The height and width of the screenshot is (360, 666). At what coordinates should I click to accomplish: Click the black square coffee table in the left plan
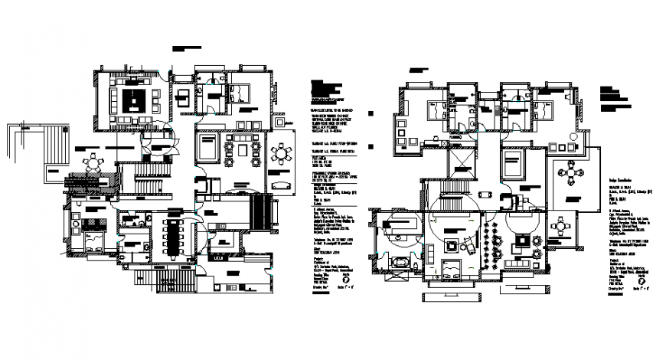135,100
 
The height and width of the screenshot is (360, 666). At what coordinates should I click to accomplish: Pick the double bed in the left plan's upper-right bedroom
238,93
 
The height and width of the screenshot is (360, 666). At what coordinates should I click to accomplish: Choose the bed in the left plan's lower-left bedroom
93,244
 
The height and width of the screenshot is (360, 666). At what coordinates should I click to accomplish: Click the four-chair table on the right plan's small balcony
565,227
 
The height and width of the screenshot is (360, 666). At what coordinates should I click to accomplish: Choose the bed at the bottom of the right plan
452,269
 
